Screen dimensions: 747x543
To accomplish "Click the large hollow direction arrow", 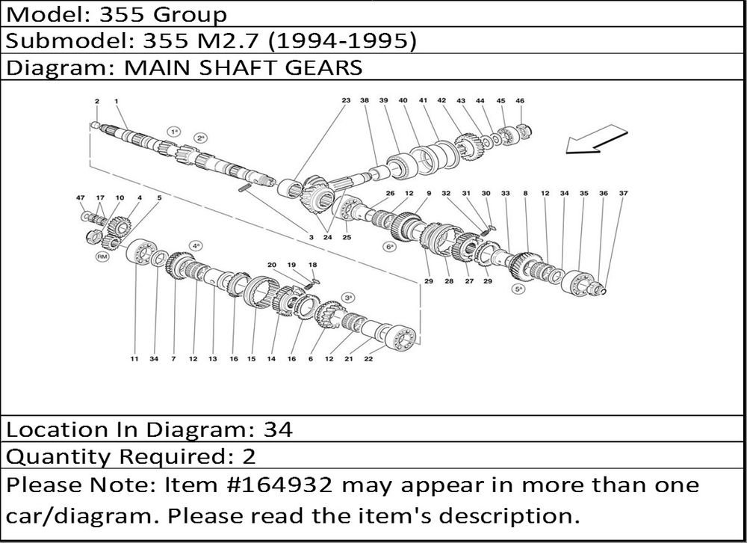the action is (596, 140).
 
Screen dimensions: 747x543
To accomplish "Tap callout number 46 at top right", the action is (520, 101).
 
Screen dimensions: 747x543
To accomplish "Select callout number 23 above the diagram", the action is (346, 100).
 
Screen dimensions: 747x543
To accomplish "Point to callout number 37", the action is (623, 193).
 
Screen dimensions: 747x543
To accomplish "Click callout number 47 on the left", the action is (81, 197).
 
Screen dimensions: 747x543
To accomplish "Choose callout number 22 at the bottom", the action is (368, 359).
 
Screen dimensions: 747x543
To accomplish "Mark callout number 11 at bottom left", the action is (134, 359).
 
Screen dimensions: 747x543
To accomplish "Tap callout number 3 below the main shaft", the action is (311, 237).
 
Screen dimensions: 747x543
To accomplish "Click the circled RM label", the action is (102, 257).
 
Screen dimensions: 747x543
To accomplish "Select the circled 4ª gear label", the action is (196, 246).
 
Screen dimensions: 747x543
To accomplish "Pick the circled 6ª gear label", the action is (390, 247).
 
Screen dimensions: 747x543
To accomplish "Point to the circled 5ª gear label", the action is (518, 289).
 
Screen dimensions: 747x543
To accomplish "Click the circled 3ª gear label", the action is (348, 297).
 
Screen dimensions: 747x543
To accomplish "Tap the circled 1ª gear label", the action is (174, 131).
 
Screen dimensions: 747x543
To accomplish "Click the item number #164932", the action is (281, 485).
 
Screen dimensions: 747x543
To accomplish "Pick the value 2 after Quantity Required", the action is (249, 456).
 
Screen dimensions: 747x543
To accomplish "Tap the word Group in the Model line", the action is (190, 15).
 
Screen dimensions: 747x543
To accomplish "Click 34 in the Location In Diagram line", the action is (278, 430).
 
